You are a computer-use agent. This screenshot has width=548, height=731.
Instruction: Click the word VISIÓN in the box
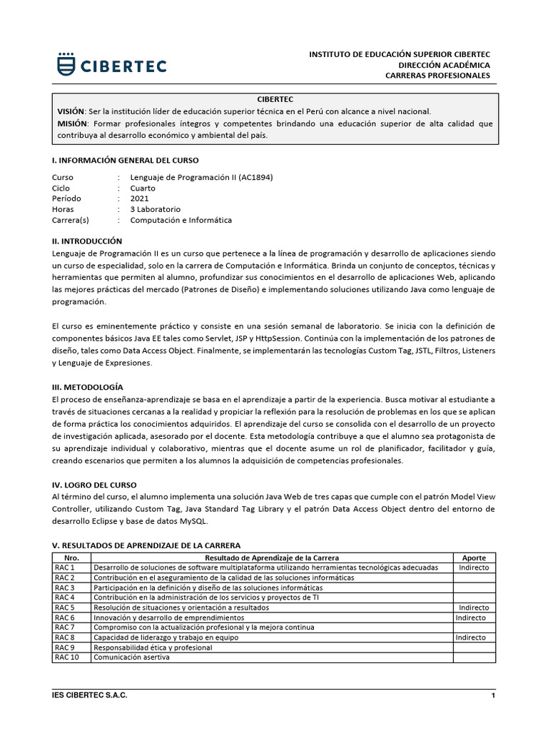70,112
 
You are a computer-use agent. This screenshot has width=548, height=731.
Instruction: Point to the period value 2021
139,198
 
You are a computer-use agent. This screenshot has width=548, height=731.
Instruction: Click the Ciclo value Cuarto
143,188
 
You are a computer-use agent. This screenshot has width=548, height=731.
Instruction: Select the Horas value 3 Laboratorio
155,209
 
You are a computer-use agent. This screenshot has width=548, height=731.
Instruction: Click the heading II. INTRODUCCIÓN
88,241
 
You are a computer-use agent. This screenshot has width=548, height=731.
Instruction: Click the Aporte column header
475,557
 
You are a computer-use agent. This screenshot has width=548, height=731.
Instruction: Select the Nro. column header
71,557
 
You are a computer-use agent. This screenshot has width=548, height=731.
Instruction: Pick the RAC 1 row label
65,568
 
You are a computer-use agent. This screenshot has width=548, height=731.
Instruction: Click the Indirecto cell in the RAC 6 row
470,617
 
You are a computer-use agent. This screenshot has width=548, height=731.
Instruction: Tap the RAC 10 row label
66,657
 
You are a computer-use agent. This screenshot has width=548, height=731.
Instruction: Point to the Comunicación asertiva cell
131,657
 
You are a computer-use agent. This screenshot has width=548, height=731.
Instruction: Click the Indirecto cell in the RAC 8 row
470,637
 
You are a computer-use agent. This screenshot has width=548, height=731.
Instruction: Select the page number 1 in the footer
493,695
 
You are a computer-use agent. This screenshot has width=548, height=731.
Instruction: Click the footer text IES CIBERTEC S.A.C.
90,695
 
